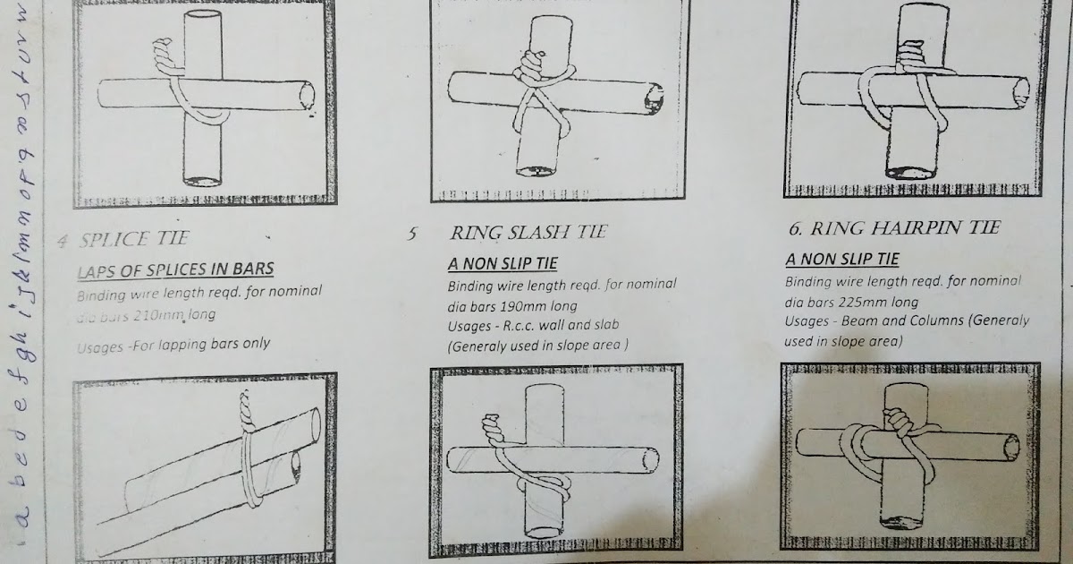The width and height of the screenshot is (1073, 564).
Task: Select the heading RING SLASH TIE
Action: tap(528, 233)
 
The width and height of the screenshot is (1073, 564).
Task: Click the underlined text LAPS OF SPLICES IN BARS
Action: tap(174, 269)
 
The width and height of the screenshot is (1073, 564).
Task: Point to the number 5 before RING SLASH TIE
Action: tap(412, 235)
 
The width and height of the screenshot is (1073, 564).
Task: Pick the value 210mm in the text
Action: tap(159, 315)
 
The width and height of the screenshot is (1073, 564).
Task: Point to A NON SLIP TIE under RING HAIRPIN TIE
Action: tap(842, 260)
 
